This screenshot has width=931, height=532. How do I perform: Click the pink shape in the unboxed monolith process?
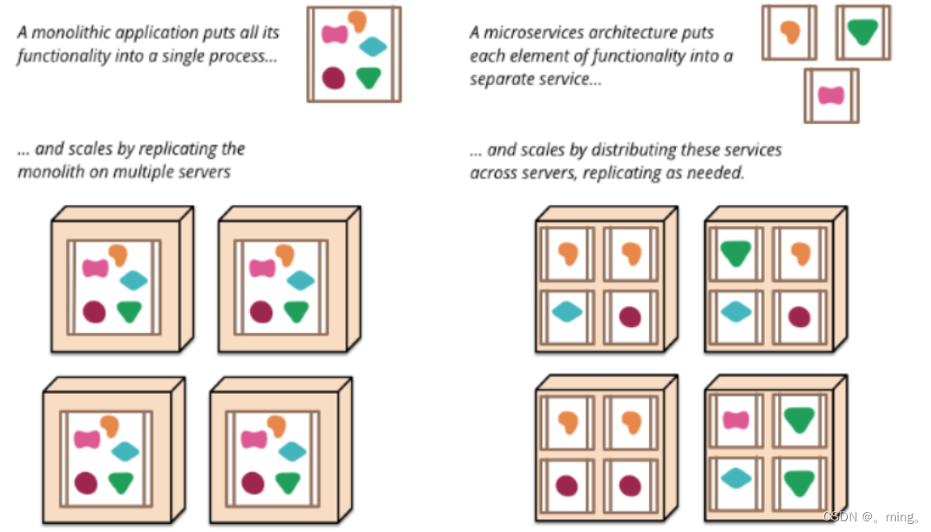pyautogui.click(x=334, y=35)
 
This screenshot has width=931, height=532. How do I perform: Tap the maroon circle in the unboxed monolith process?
pyautogui.click(x=333, y=78)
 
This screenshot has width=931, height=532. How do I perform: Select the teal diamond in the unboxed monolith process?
pyautogui.click(x=373, y=46)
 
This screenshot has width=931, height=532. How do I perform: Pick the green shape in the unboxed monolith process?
pyautogui.click(x=368, y=78)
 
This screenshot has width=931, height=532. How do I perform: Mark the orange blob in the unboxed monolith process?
pyautogui.click(x=358, y=21)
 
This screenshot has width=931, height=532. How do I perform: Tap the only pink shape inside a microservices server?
pyautogui.click(x=736, y=420)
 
